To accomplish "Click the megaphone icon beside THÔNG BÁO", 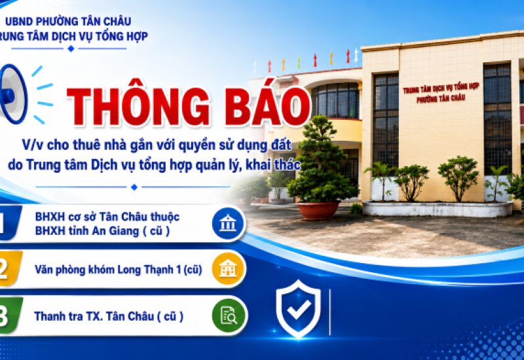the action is [13, 94].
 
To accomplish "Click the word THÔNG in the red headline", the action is [139, 106].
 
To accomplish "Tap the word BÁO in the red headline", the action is [268, 106].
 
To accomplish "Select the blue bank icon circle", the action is [228, 223].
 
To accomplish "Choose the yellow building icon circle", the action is [228, 269].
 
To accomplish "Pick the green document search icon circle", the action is [229, 315].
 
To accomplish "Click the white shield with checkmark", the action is [299, 308].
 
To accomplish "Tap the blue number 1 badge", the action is [10, 223].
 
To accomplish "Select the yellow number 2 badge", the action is [10, 269].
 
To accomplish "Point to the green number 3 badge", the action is [10, 315].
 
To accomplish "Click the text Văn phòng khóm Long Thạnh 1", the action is [109, 270].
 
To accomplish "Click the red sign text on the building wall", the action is [441, 93].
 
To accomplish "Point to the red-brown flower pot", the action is [318, 210].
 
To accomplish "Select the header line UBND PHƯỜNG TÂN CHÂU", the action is [68, 22].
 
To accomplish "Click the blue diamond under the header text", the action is [71, 48].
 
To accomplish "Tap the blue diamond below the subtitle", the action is [134, 187].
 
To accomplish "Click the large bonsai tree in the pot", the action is [321, 160].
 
